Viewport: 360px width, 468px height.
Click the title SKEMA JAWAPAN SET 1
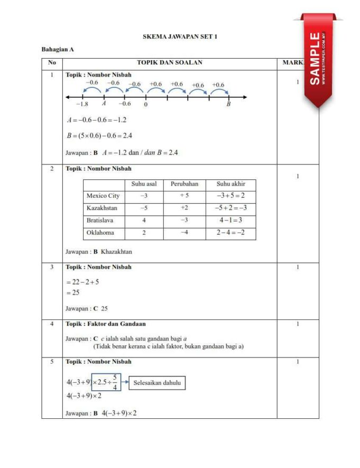point(180,36)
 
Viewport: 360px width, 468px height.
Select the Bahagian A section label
point(57,49)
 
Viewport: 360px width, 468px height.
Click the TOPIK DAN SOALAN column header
point(169,62)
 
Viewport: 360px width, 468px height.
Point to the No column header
point(52,62)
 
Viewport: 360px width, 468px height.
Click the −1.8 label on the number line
point(82,104)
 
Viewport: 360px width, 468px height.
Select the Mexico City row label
point(103,196)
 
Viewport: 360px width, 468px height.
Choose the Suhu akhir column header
point(230,184)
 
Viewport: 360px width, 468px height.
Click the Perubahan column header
point(184,184)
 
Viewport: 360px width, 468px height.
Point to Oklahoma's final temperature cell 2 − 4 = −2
point(230,233)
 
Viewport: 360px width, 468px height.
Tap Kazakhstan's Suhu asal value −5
point(144,208)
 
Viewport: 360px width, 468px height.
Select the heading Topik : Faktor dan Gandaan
point(106,324)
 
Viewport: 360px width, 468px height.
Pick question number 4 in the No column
point(52,324)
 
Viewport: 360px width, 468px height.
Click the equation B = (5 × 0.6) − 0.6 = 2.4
point(99,136)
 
